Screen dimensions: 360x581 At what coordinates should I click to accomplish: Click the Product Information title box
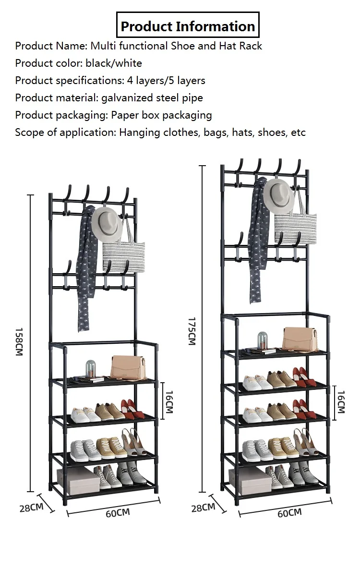click(x=188, y=26)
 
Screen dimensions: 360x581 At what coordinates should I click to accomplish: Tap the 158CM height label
click(x=19, y=342)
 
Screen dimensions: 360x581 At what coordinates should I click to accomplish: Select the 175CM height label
click(x=191, y=330)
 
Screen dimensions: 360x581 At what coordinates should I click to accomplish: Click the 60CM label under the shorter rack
click(x=118, y=513)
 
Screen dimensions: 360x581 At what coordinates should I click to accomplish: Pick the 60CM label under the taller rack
click(x=289, y=513)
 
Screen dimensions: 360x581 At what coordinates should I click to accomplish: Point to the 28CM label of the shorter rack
click(x=31, y=507)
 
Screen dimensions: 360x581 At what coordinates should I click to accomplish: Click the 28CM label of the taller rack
click(x=203, y=507)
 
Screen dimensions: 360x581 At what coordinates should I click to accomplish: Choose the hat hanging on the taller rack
click(x=279, y=195)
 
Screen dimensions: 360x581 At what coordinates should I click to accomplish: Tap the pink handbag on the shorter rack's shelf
click(x=128, y=367)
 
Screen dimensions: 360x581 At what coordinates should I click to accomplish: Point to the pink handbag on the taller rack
click(x=299, y=339)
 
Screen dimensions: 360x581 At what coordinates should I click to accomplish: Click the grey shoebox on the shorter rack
click(x=78, y=481)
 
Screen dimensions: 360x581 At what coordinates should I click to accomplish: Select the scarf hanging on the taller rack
click(x=258, y=240)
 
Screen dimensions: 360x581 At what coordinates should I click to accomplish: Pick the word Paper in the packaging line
click(x=126, y=115)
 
